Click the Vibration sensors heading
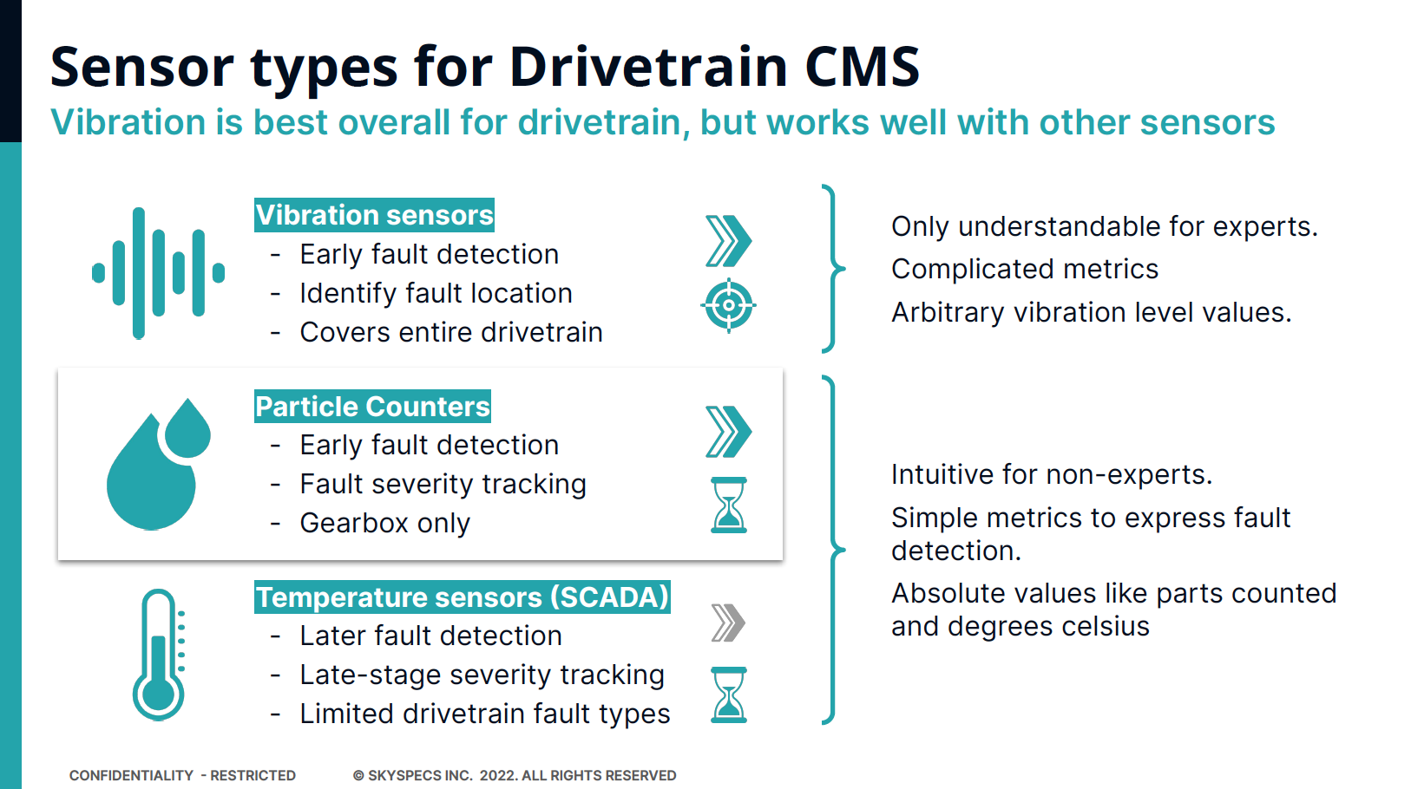click(374, 215)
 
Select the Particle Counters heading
click(372, 407)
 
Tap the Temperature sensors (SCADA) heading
click(462, 597)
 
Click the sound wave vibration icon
click(158, 273)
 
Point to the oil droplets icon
click(159, 464)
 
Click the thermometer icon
click(158, 655)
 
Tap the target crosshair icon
click(728, 305)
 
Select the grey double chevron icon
click(728, 623)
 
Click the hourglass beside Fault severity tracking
click(728, 505)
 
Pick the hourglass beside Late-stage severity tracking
click(728, 694)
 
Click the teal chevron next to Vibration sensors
click(728, 241)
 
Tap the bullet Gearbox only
click(384, 523)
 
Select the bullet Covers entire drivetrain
click(450, 332)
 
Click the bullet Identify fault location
click(436, 293)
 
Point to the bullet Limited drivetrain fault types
click(484, 714)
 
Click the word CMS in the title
click(862, 67)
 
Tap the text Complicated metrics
click(1024, 269)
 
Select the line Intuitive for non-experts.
click(1051, 474)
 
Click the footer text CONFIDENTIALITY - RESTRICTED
click(182, 775)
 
